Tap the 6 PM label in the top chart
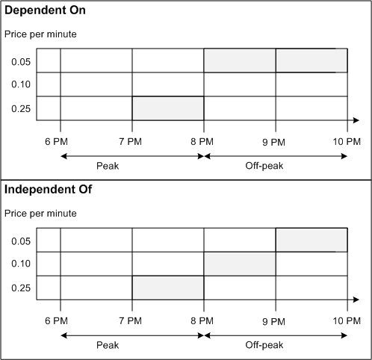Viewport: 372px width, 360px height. [61, 140]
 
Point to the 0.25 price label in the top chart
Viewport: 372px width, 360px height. [21, 108]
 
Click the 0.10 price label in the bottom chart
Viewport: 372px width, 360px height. [21, 264]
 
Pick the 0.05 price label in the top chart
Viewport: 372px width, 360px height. [21, 60]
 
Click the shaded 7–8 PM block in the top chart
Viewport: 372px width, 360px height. [167, 108]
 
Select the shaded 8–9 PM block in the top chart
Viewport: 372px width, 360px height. [239, 60]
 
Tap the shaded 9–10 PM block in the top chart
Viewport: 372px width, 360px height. [311, 60]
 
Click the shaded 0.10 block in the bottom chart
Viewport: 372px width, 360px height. [239, 264]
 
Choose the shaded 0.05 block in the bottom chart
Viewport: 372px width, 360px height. [311, 240]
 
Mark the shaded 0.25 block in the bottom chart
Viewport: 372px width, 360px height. [167, 288]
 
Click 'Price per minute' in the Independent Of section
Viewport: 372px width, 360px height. [40, 214]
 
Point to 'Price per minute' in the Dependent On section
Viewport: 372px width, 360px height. [40, 34]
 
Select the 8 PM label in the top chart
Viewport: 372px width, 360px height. [203, 140]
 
